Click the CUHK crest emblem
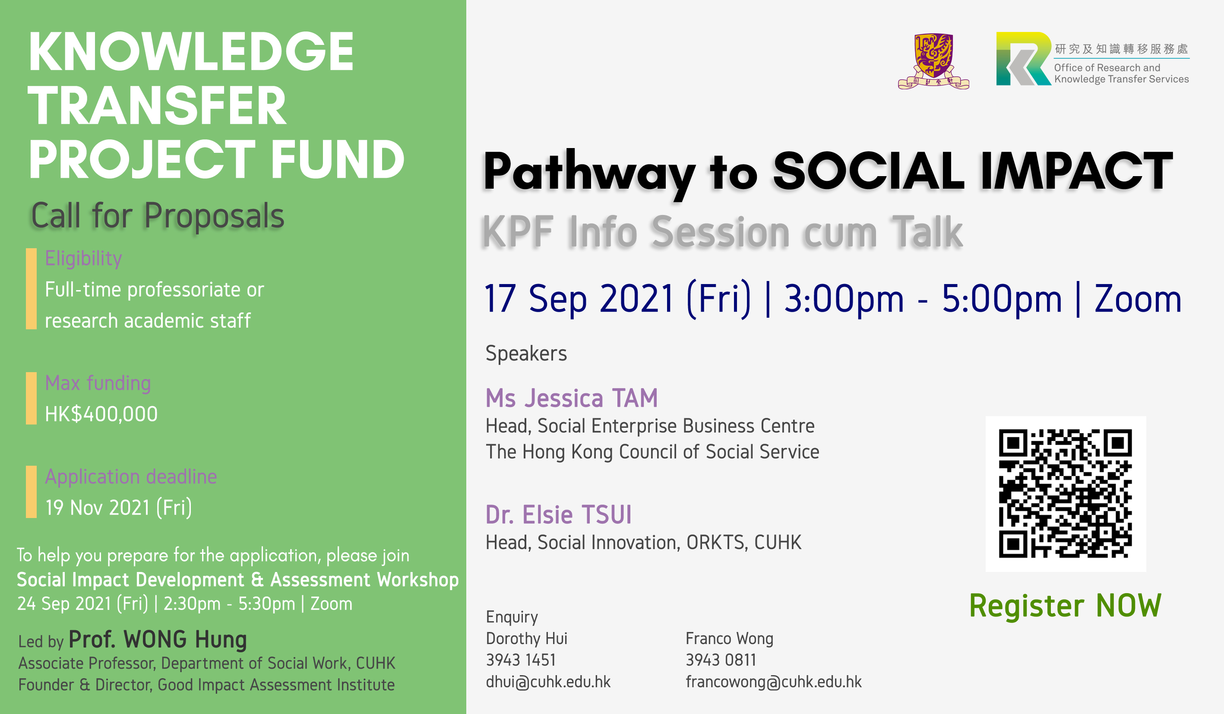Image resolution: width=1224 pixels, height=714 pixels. tap(933, 61)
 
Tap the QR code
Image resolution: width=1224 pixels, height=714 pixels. tap(1065, 493)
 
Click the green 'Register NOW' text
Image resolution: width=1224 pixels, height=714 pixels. tap(1065, 606)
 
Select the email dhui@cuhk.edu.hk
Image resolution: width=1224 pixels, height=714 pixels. tap(548, 682)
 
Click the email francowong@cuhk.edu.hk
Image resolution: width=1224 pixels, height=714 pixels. tap(773, 682)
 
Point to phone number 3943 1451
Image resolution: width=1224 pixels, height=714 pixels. tap(521, 660)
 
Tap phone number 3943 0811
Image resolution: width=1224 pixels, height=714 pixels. tap(721, 660)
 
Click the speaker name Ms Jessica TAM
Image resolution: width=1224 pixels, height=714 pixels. tap(572, 398)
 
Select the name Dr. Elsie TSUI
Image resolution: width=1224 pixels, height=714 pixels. tap(559, 515)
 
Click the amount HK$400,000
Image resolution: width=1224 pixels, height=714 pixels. tap(101, 414)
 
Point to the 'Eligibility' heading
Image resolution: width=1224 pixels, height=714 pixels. tap(83, 259)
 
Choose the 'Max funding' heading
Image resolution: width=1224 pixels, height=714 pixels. tap(98, 383)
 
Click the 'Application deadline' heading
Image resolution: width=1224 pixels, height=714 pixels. tap(131, 477)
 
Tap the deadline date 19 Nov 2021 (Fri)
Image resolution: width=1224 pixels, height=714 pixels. tap(118, 508)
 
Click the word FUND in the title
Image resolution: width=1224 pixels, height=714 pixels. tap(337, 159)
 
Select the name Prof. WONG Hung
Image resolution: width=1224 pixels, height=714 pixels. tap(158, 639)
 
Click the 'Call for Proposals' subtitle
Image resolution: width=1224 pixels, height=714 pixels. tap(157, 216)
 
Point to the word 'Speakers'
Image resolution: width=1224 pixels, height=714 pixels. tap(526, 353)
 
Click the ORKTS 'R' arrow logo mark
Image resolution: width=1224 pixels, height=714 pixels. tap(1023, 59)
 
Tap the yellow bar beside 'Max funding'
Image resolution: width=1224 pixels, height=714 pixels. tap(31, 398)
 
